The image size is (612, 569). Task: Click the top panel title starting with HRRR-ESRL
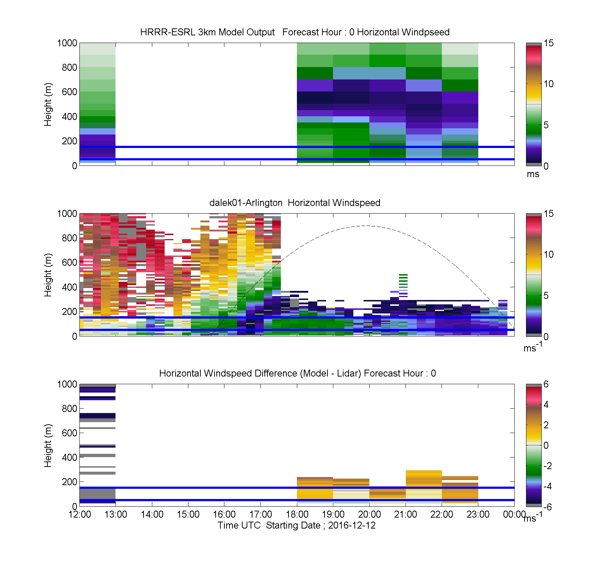point(295,32)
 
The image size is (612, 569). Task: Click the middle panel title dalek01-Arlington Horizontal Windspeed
point(295,203)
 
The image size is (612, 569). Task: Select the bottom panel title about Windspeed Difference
point(298,373)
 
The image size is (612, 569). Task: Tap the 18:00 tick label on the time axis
point(297,514)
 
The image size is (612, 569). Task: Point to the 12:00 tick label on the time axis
point(80,514)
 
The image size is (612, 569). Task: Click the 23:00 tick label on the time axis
point(478,514)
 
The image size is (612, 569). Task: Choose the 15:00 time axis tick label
point(188,514)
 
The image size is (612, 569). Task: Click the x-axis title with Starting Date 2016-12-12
point(297,525)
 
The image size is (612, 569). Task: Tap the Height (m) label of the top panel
point(48,105)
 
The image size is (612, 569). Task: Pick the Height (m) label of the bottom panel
point(48,445)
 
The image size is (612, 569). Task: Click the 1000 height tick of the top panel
point(67,43)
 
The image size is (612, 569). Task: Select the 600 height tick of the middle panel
point(70,262)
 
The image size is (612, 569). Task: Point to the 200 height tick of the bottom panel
point(70,482)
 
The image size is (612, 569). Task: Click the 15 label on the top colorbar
point(549,43)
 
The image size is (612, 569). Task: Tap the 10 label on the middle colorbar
point(549,254)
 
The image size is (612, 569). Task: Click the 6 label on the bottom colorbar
point(546,384)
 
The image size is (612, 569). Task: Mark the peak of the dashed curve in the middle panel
point(365,226)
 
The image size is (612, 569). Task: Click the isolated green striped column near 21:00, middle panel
point(403,284)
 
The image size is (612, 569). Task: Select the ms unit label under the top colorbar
point(533,174)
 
